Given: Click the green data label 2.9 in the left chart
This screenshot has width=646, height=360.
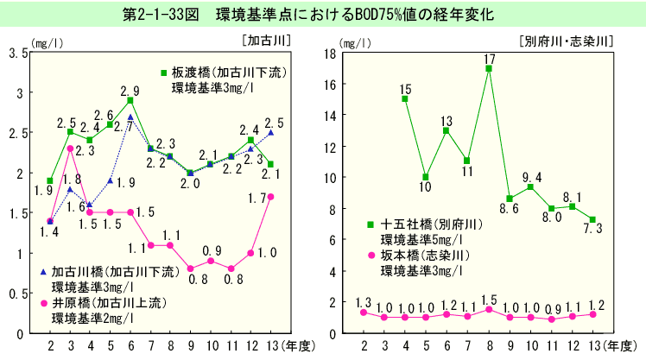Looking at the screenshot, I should coord(130,90).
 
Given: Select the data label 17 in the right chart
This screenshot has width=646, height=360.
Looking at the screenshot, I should coord(489,59).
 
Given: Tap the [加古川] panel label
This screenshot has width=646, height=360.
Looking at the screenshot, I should coord(266,40).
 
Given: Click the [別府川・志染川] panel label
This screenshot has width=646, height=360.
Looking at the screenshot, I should coord(567,40).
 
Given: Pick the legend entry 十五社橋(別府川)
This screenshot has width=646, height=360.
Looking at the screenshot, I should coord(437,224).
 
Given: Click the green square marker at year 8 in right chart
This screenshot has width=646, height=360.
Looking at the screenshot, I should coord(489,68).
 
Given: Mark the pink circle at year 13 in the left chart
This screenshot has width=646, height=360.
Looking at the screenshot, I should coord(271,197).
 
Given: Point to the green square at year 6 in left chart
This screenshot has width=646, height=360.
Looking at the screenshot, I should coord(130,100).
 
